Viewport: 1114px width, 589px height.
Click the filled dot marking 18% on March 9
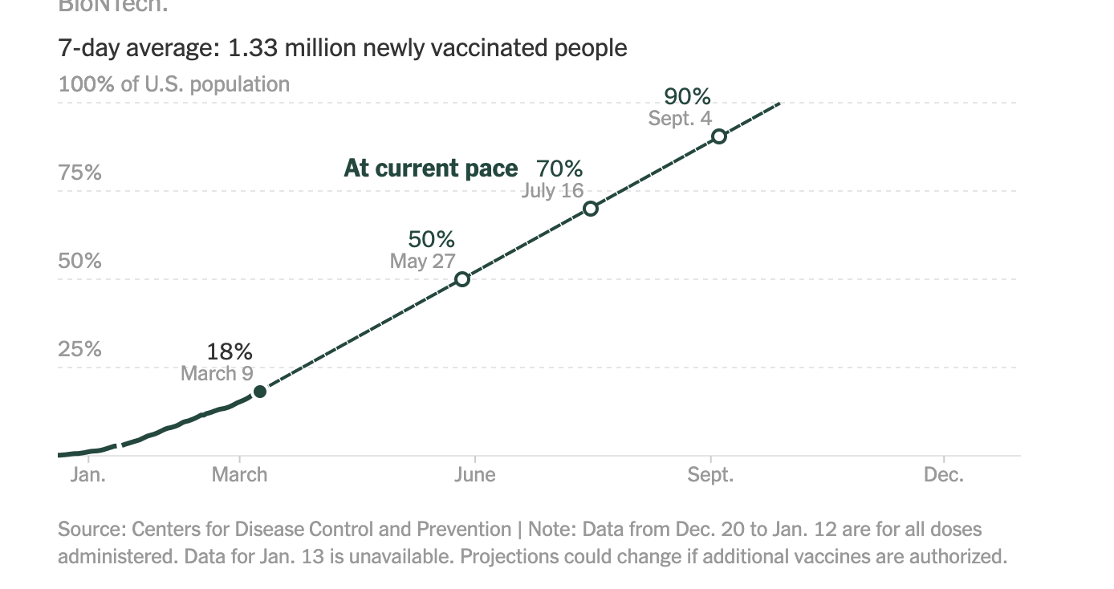[x=259, y=392]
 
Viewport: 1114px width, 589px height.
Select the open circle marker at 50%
[x=462, y=279]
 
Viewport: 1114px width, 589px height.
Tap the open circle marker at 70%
[x=591, y=209]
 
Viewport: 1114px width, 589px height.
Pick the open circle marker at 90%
[x=719, y=136]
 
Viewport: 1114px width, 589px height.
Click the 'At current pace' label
[x=431, y=169]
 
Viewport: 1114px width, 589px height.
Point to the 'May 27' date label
[x=422, y=261]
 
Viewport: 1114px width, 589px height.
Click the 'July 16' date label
[x=552, y=191]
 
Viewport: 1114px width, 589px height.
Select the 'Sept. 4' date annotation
[x=680, y=119]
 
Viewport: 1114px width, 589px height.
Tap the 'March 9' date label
[x=217, y=373]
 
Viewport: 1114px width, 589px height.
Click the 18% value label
[x=230, y=351]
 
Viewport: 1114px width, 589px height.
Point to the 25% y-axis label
[x=79, y=349]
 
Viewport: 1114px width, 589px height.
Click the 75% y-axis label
[x=79, y=173]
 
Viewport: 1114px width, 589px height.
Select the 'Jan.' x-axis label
[x=87, y=475]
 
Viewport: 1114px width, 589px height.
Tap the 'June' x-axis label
[x=474, y=475]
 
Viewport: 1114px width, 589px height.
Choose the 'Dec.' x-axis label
[x=943, y=475]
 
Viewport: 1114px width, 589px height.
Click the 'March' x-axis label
[x=239, y=475]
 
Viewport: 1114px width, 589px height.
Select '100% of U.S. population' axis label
[x=174, y=84]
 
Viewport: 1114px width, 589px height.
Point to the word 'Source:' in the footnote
[x=91, y=530]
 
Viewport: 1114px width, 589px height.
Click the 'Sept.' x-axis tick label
[x=710, y=475]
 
